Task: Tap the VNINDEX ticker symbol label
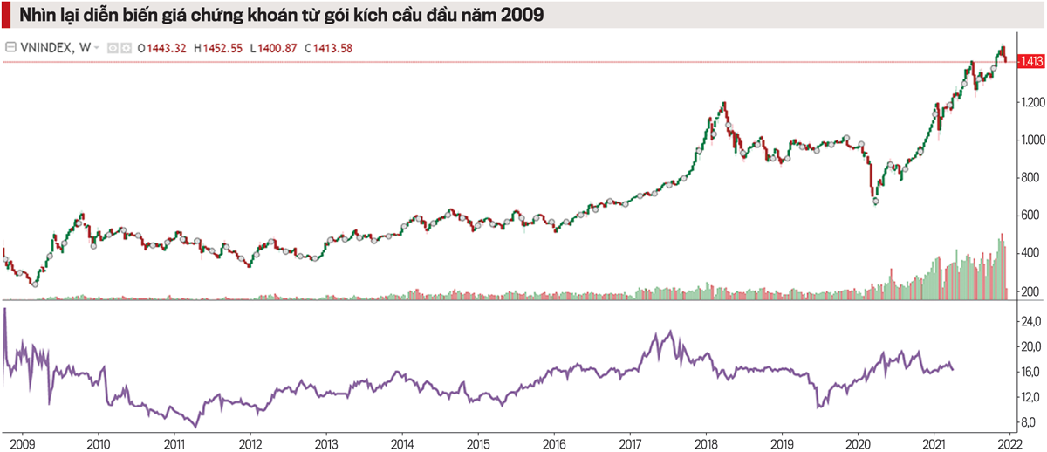pos(48,48)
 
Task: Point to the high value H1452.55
pos(217,48)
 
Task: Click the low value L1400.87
pos(275,48)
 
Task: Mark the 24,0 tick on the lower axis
pos(1030,323)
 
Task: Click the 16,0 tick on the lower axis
pos(1030,373)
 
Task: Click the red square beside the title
pos(6,16)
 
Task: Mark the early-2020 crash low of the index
pos(875,203)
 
